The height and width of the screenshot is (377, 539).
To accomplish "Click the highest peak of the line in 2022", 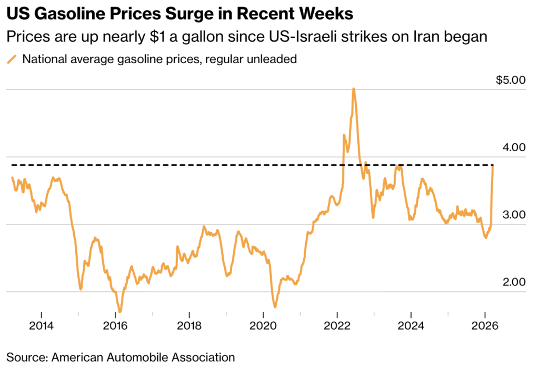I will coord(354,89).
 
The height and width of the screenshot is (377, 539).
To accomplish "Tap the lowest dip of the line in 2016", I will coord(120,311).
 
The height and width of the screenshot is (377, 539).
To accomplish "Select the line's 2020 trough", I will coord(275,306).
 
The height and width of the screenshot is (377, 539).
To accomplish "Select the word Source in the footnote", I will coord(26,358).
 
